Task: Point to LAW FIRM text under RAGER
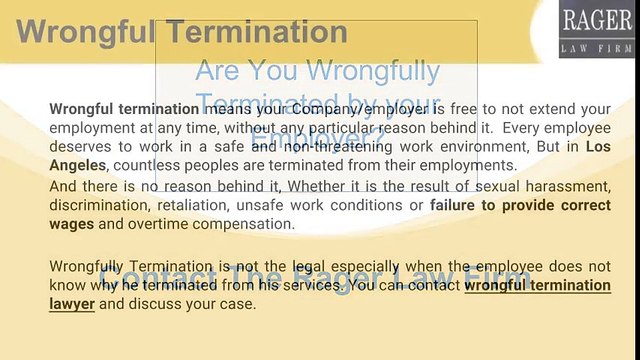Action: [x=596, y=47]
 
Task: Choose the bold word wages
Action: [x=72, y=224]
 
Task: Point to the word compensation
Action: [x=248, y=224]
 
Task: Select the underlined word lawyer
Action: [x=72, y=304]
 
